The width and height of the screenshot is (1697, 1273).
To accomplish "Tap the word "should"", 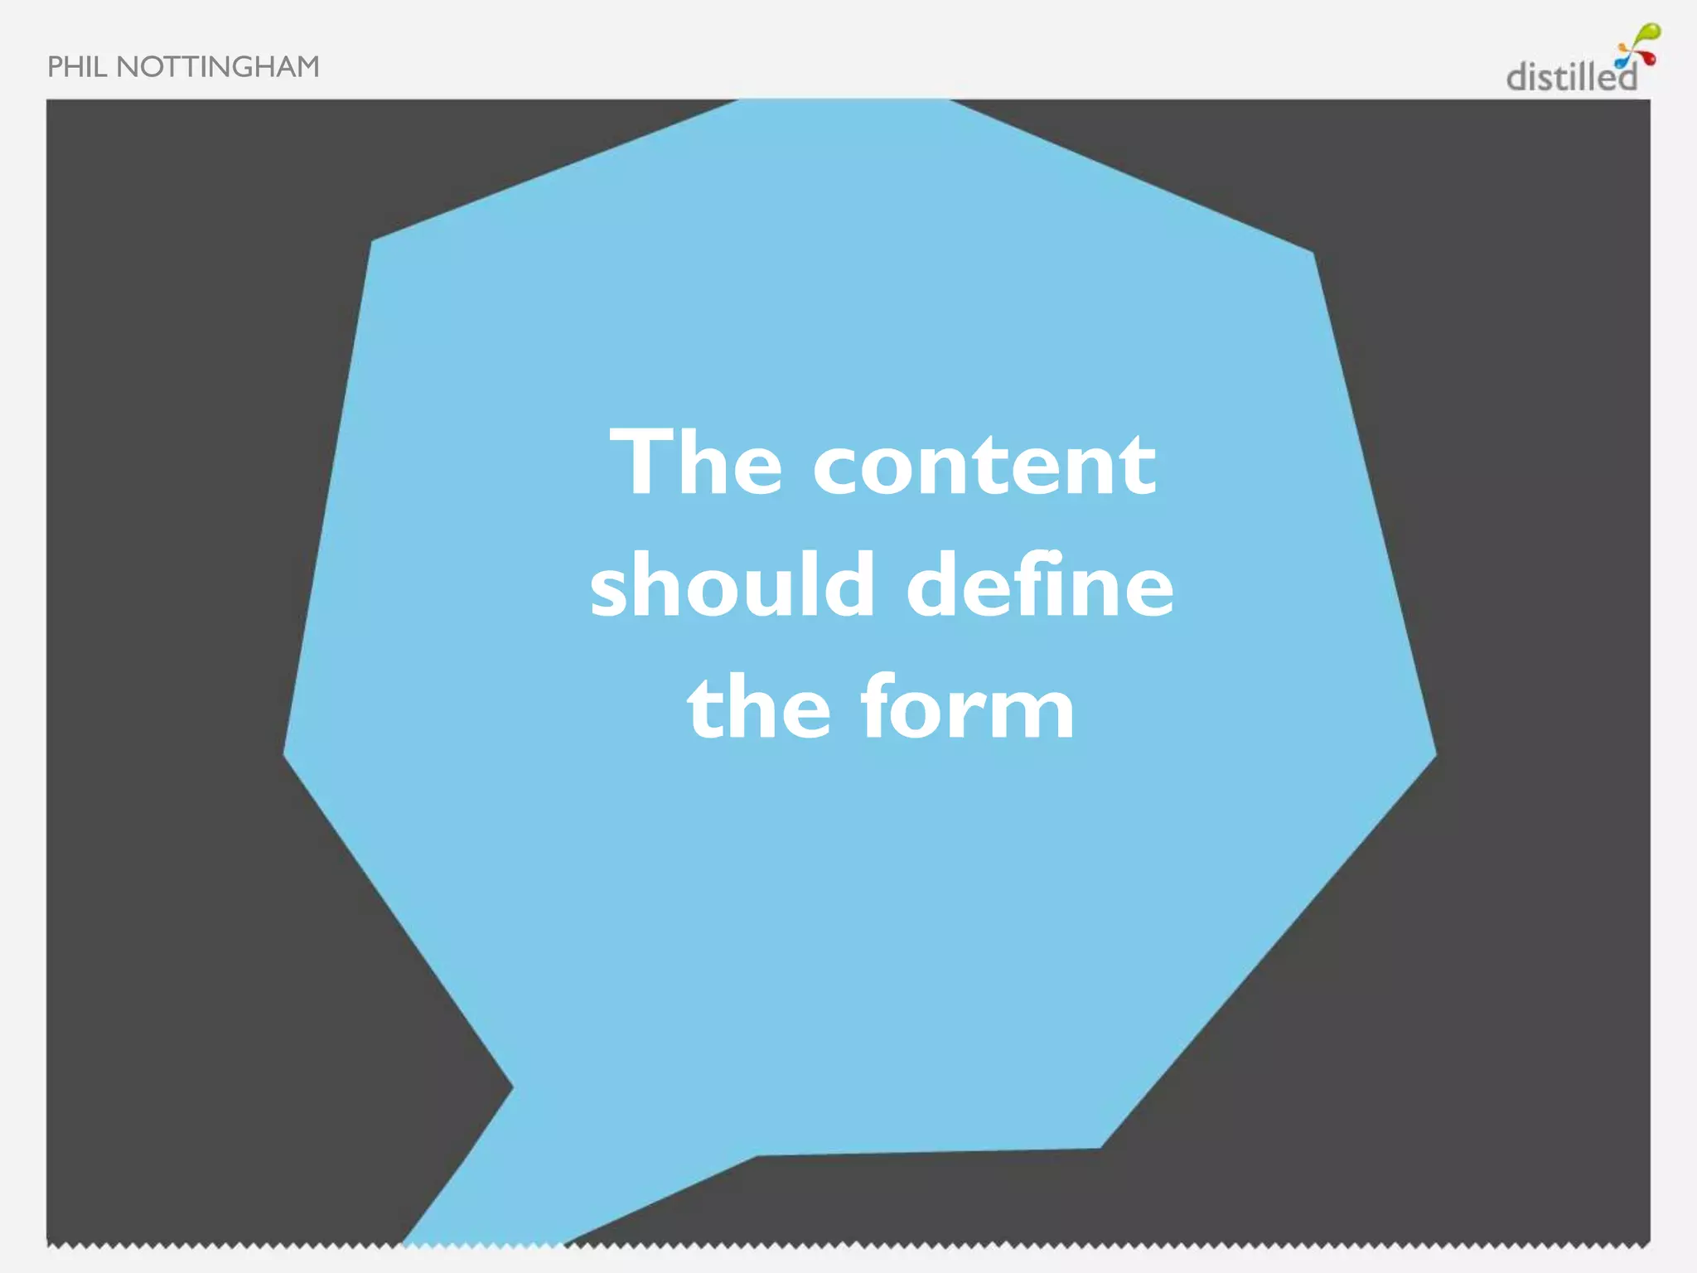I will [x=732, y=585].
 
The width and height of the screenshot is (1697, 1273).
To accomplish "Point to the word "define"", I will [x=1040, y=585].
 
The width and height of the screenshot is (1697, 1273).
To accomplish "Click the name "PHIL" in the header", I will [x=77, y=67].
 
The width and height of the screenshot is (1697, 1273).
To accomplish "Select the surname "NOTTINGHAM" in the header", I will [x=218, y=67].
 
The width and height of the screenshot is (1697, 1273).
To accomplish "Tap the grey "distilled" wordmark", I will [x=1571, y=77].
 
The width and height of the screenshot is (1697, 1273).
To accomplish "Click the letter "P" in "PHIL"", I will [x=55, y=67].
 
